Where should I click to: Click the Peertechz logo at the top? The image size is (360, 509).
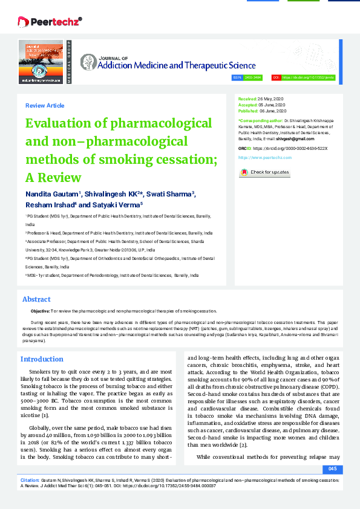[x=50, y=22]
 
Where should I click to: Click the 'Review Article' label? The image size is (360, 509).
[x=44, y=106]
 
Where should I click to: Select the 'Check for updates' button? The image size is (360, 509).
[x=264, y=173]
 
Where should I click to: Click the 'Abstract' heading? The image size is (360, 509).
[x=36, y=299]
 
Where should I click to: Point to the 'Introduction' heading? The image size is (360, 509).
[x=42, y=359]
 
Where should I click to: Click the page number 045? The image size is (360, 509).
[x=332, y=469]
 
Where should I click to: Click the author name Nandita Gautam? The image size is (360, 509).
[x=52, y=194]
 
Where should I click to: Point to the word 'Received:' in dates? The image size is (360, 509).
[x=247, y=98]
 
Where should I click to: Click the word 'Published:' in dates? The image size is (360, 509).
[x=249, y=111]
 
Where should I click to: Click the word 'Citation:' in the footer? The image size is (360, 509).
[x=30, y=479]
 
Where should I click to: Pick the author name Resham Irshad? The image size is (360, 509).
[x=48, y=205]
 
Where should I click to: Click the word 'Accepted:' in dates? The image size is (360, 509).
[x=248, y=105]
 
